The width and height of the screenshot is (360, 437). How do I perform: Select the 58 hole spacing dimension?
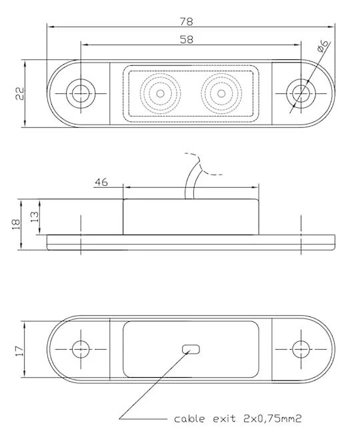click(x=187, y=39)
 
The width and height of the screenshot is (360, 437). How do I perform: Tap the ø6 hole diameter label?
click(x=322, y=47)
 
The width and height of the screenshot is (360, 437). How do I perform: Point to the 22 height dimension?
click(x=20, y=93)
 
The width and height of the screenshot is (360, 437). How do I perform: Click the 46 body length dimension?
click(x=101, y=181)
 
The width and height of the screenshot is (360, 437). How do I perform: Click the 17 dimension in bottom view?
click(x=20, y=348)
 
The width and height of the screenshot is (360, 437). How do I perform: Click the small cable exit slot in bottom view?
click(x=192, y=348)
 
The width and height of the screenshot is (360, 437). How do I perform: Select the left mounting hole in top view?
click(x=81, y=93)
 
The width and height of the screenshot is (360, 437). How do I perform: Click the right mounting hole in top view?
click(x=301, y=93)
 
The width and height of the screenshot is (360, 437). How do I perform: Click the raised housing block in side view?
click(x=191, y=217)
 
